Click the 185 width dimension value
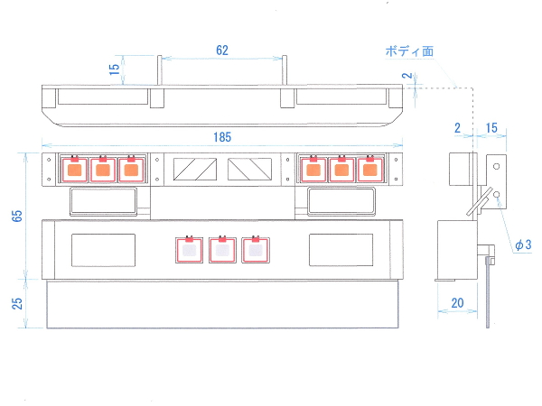click(x=222, y=137)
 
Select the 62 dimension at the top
click(x=222, y=51)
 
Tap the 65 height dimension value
click(x=17, y=216)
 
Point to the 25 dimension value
click(x=17, y=303)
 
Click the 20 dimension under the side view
click(x=457, y=303)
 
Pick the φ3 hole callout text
click(x=523, y=245)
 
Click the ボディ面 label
click(x=409, y=51)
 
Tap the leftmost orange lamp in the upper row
click(x=75, y=170)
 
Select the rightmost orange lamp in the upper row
click(x=369, y=170)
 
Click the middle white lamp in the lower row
click(x=222, y=250)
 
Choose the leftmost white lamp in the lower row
click(x=189, y=250)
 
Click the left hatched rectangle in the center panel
click(x=195, y=170)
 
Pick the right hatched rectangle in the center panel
click(x=249, y=170)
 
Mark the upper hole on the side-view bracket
click(x=496, y=166)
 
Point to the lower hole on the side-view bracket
click(x=496, y=194)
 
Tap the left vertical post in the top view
click(x=159, y=70)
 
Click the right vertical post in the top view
click(x=285, y=70)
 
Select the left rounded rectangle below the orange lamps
click(x=103, y=201)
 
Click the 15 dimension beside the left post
click(x=114, y=69)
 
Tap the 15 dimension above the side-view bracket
click(x=491, y=128)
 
